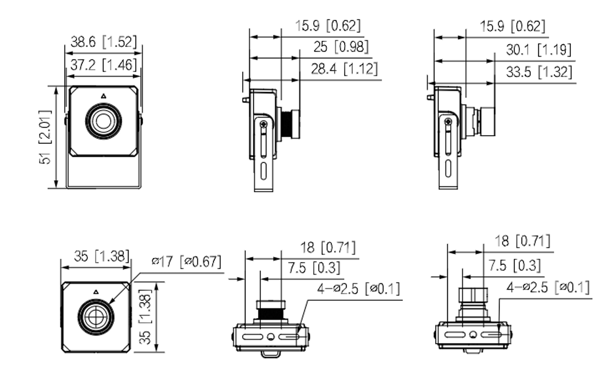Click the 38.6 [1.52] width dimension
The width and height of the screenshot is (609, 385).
pos(103,42)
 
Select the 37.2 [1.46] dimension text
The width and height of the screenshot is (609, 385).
pos(103,65)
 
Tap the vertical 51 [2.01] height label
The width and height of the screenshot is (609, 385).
pos(45,137)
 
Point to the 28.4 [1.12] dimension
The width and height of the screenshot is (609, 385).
pos(344,69)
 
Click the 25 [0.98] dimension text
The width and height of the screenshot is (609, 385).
pos(341,47)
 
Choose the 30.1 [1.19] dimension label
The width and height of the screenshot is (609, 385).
pos(538,50)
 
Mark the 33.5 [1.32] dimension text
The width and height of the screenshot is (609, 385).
pos(539,72)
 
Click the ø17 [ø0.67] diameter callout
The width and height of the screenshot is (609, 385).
pos(186,262)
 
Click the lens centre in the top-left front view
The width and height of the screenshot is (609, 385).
pos(103,121)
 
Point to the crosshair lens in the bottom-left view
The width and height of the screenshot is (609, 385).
pos(96,317)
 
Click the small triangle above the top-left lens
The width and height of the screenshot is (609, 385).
pos(103,96)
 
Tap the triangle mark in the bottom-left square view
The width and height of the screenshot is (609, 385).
pos(96,292)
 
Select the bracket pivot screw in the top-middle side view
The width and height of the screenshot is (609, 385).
pos(263,124)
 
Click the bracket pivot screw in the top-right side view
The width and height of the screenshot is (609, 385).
pos(448,122)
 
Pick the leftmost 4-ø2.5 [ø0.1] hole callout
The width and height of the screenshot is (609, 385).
pos(358,289)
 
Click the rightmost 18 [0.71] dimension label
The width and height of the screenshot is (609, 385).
pos(522,241)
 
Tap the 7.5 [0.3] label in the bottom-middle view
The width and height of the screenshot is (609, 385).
pos(313,268)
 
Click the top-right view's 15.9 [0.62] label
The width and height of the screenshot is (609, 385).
pos(512,27)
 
